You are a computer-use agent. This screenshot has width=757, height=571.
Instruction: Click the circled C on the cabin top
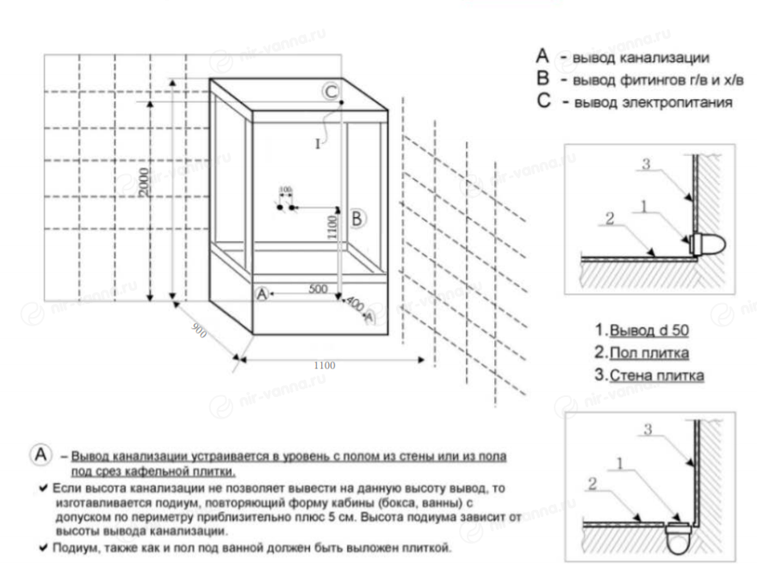click(332, 92)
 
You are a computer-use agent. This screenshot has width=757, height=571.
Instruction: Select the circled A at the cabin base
click(263, 294)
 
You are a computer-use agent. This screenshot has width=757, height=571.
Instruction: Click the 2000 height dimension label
click(145, 183)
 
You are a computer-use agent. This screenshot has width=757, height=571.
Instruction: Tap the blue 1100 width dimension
click(325, 365)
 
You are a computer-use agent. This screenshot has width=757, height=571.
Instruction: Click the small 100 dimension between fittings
click(286, 189)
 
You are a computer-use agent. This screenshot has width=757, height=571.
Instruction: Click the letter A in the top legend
click(542, 56)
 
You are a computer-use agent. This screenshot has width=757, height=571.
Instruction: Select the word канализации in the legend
click(667, 59)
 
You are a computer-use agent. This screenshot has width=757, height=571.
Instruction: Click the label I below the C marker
click(317, 144)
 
